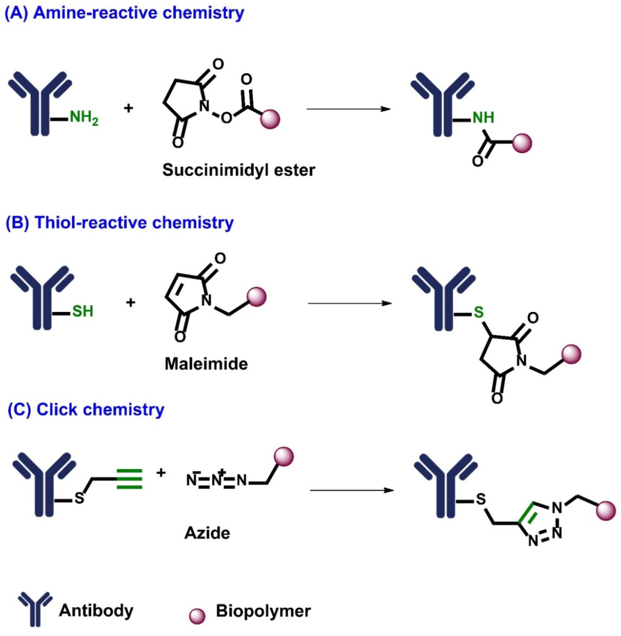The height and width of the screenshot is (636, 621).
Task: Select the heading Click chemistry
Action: [86, 410]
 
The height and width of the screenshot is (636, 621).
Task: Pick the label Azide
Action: [207, 533]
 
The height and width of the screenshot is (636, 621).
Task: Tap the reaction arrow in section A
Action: [348, 109]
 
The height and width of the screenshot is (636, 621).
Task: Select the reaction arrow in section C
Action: [352, 490]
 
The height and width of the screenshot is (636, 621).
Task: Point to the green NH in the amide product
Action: [483, 118]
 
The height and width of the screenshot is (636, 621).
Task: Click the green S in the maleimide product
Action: [478, 312]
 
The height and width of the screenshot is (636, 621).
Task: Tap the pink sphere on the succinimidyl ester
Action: [270, 119]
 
